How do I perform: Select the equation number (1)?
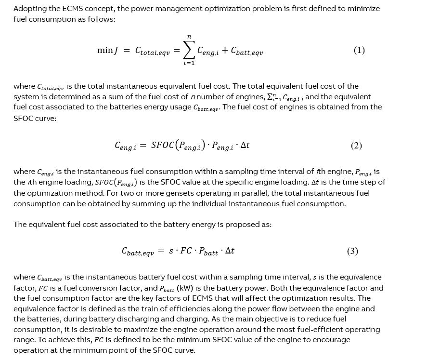(359, 51)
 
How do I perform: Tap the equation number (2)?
(356, 146)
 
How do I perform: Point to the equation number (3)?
(352, 251)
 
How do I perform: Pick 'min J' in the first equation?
(108, 51)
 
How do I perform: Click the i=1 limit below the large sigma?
(189, 63)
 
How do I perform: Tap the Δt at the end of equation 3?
(229, 251)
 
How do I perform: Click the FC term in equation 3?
(186, 251)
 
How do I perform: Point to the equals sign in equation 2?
(143, 146)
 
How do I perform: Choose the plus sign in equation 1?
(225, 51)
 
